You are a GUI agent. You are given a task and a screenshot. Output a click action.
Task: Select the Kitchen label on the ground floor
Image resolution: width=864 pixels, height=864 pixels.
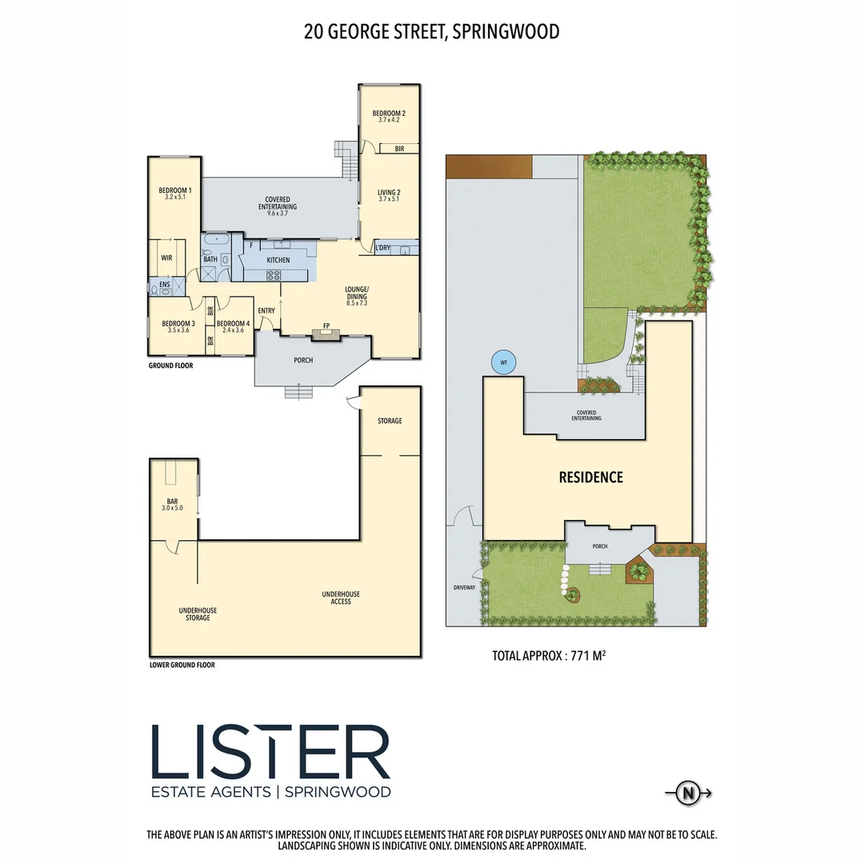click(278, 260)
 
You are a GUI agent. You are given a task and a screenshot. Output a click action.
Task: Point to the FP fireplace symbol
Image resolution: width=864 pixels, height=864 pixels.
click(326, 326)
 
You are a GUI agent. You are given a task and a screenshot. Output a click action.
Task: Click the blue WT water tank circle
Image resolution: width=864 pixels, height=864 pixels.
click(503, 362)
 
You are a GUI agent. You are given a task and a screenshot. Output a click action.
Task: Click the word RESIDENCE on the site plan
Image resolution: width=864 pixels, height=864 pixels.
click(590, 478)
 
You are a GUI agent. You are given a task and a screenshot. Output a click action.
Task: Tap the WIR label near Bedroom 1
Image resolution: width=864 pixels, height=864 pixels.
click(166, 258)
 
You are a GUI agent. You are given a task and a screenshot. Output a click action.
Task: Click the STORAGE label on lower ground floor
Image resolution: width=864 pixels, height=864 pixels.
click(390, 421)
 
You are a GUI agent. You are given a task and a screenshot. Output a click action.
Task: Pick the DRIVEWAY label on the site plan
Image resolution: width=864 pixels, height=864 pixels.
click(464, 587)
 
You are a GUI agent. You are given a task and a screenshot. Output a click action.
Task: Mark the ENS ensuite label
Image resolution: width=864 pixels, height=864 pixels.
click(164, 283)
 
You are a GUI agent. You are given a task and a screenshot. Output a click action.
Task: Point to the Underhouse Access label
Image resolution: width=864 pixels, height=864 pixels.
click(341, 598)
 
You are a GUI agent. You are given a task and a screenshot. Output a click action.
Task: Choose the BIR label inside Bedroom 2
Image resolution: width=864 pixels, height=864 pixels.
click(398, 149)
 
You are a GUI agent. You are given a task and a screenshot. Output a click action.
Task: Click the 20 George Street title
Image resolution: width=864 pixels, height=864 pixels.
click(431, 32)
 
